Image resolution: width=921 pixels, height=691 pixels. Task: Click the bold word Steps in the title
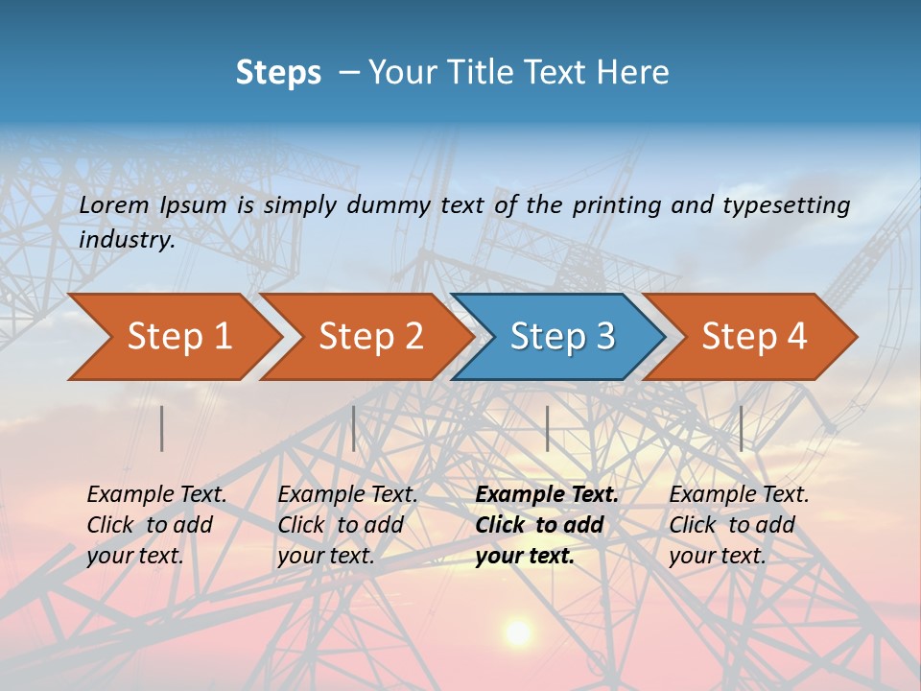click(x=278, y=73)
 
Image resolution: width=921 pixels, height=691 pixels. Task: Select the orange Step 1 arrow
click(x=178, y=337)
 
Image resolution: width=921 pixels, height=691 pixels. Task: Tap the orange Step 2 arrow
click(x=370, y=337)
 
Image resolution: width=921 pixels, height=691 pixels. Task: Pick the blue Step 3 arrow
click(x=562, y=337)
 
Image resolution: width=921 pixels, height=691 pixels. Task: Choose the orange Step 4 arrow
click(x=754, y=337)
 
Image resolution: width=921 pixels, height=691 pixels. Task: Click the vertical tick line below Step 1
click(x=162, y=428)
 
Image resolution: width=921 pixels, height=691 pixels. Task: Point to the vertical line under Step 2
click(x=354, y=428)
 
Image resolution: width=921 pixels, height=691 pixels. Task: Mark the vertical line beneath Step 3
click(x=547, y=428)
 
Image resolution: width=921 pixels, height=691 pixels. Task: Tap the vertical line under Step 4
click(x=741, y=428)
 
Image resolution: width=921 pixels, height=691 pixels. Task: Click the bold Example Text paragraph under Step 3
click(x=547, y=525)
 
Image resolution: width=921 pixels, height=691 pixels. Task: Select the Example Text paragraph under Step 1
click(x=156, y=525)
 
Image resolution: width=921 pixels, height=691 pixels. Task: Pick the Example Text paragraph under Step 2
click(x=347, y=525)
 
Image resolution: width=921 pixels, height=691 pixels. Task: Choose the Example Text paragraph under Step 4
click(x=739, y=525)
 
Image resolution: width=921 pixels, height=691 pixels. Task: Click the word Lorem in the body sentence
click(x=114, y=204)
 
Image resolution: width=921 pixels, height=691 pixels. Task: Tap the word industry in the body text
click(x=127, y=240)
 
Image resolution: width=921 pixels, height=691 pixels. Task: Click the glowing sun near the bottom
click(x=518, y=632)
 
